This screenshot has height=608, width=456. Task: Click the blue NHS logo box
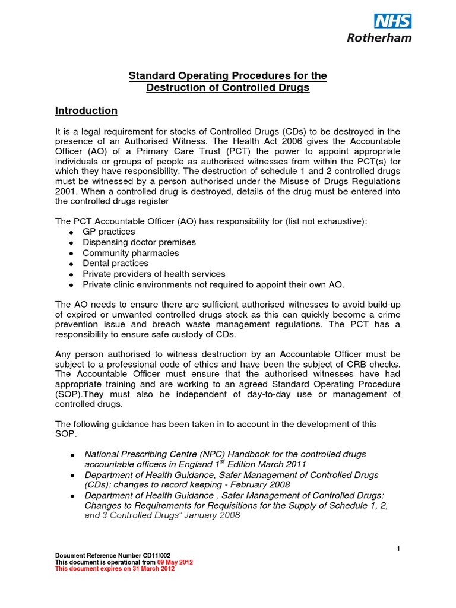click(392, 21)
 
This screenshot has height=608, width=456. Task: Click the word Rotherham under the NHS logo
click(379, 37)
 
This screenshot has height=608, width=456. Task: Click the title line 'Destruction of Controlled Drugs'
click(228, 88)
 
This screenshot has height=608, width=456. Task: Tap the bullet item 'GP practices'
click(109, 232)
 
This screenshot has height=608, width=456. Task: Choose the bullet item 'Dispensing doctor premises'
click(139, 242)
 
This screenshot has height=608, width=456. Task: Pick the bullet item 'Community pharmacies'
click(131, 253)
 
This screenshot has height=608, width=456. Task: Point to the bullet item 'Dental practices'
click(116, 263)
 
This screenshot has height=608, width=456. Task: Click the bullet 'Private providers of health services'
click(154, 274)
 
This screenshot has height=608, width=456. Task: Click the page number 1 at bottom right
click(399, 549)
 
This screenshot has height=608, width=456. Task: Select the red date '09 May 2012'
click(175, 562)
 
